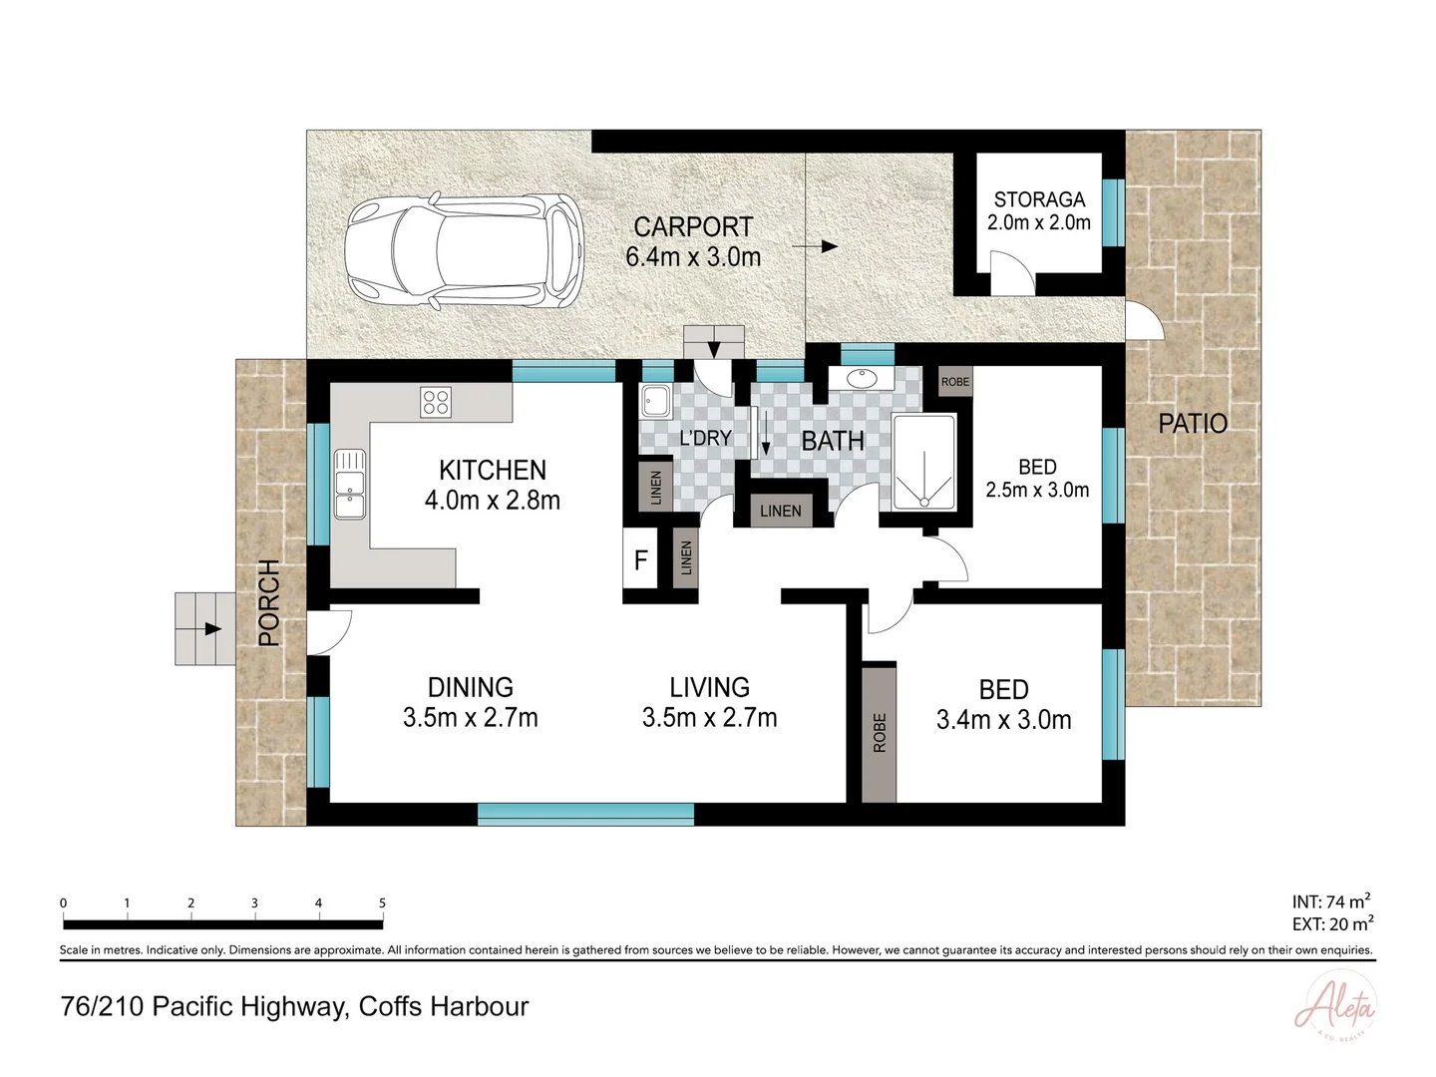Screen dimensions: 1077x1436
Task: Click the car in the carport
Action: click(464, 248)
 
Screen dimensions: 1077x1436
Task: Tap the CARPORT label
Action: click(693, 227)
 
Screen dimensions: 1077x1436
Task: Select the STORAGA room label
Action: click(1038, 199)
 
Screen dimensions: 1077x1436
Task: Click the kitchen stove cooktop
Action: click(436, 402)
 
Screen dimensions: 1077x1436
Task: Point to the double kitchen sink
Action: click(349, 485)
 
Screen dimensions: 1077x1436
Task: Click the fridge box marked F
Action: click(640, 560)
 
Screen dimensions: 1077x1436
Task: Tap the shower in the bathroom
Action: click(923, 463)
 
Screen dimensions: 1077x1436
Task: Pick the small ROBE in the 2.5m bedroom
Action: click(954, 382)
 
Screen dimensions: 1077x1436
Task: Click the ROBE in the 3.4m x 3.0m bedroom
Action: click(879, 733)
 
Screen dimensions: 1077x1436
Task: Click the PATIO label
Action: click(1192, 424)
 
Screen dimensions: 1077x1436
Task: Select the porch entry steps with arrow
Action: click(203, 628)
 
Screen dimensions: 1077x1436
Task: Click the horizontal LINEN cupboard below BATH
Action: click(780, 511)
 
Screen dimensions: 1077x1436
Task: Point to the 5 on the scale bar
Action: click(382, 902)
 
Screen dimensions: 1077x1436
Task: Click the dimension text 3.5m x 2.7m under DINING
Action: click(470, 718)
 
